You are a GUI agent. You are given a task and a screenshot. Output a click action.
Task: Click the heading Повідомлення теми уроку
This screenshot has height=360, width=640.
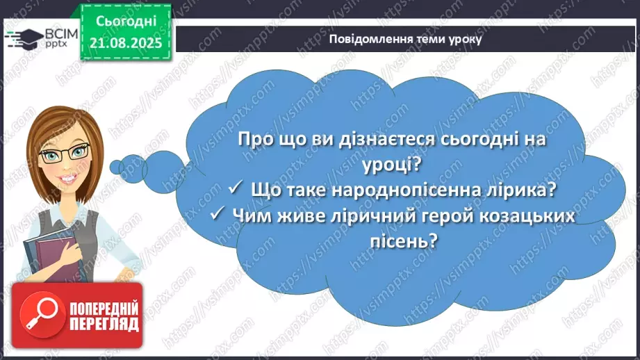click(405, 39)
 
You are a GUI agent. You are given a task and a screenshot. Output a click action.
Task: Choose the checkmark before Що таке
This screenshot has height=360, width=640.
click(235, 189)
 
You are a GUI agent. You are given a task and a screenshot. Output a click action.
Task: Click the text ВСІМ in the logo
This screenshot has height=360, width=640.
click(56, 32)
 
